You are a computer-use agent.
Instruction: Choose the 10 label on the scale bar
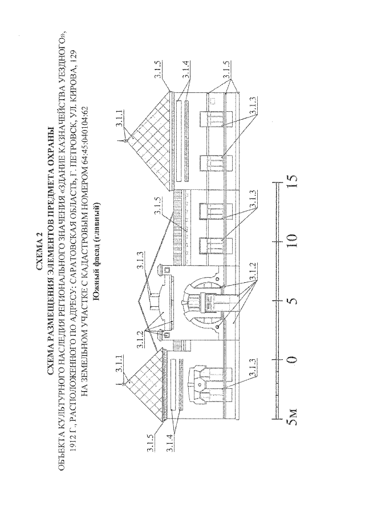point(291,240)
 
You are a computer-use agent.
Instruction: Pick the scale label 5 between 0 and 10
point(291,300)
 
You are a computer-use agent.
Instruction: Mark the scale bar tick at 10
point(277,241)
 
